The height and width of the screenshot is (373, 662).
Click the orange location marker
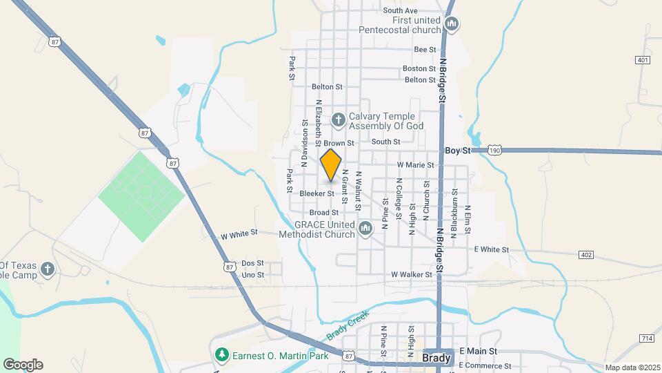(x=331, y=164)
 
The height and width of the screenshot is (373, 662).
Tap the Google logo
(x=23, y=365)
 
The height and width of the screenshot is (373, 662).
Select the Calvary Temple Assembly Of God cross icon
(x=338, y=120)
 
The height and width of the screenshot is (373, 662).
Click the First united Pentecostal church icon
(x=452, y=25)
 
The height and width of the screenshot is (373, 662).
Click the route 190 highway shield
(x=494, y=150)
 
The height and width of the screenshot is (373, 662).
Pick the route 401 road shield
(x=643, y=60)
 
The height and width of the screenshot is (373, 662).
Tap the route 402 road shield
(x=586, y=256)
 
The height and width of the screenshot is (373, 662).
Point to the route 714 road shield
(x=646, y=338)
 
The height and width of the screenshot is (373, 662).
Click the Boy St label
(x=457, y=150)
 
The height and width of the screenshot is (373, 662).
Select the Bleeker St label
(x=317, y=194)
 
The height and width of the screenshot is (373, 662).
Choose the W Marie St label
(x=416, y=165)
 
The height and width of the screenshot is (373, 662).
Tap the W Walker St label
(x=411, y=274)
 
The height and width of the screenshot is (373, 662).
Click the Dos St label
(x=252, y=263)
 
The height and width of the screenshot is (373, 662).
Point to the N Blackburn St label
(x=454, y=214)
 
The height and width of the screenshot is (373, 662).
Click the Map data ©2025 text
(x=631, y=367)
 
